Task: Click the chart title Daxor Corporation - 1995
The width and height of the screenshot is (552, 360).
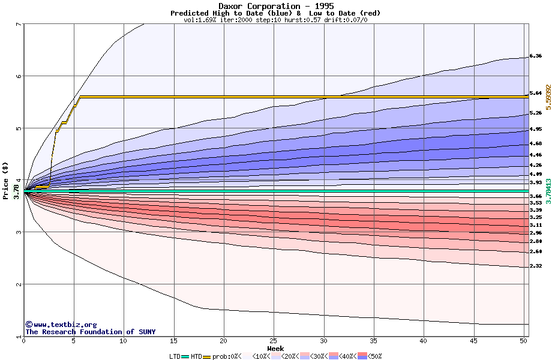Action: click(275, 6)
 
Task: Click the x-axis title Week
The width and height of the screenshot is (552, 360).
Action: click(275, 349)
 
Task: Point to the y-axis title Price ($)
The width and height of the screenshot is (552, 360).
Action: click(6, 179)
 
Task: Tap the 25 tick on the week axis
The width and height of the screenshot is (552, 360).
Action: click(274, 341)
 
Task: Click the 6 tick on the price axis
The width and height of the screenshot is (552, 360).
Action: click(19, 76)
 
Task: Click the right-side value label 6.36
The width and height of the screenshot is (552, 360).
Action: click(536, 56)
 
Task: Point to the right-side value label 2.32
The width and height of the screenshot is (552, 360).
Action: click(536, 266)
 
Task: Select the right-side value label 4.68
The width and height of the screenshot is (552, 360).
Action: click(536, 143)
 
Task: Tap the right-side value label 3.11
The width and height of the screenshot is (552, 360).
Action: click(536, 225)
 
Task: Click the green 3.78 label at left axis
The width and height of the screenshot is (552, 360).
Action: click(16, 193)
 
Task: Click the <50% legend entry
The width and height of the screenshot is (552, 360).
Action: click(371, 356)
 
